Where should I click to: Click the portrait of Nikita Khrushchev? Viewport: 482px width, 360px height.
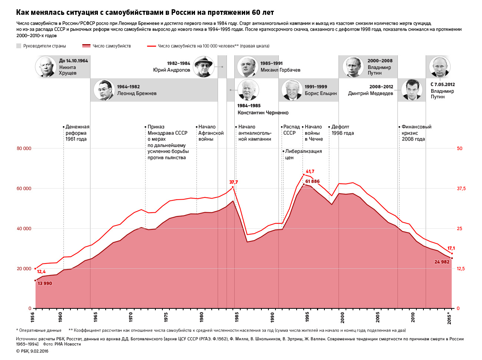[x=46, y=67]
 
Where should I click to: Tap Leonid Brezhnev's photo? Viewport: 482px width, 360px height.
[x=104, y=90]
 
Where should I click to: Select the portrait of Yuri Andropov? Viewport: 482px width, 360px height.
[x=204, y=67]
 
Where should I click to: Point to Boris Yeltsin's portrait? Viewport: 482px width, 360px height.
[x=292, y=90]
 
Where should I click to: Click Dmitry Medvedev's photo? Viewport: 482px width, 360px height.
[x=412, y=90]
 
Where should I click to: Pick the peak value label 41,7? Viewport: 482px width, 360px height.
[x=310, y=171]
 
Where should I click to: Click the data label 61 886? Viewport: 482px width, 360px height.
[x=313, y=181]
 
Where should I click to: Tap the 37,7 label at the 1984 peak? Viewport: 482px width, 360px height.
[x=234, y=182]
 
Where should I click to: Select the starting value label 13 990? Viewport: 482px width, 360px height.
[x=45, y=284]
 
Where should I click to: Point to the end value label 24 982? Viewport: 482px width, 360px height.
[x=442, y=262]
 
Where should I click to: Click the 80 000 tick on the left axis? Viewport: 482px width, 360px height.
[x=24, y=148]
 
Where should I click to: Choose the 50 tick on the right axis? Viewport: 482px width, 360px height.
[x=460, y=148]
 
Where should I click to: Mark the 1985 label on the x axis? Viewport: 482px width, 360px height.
[x=237, y=317]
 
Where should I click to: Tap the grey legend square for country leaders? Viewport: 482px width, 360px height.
[x=19, y=46]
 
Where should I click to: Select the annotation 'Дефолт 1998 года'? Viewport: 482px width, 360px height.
[x=342, y=130]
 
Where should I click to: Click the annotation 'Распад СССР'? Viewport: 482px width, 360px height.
[x=291, y=130]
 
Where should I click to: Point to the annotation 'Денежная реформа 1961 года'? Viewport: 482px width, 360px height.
[x=77, y=133]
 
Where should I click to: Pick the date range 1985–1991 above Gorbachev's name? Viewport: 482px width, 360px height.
[x=271, y=63]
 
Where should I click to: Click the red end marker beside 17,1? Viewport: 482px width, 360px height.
[x=452, y=253]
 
